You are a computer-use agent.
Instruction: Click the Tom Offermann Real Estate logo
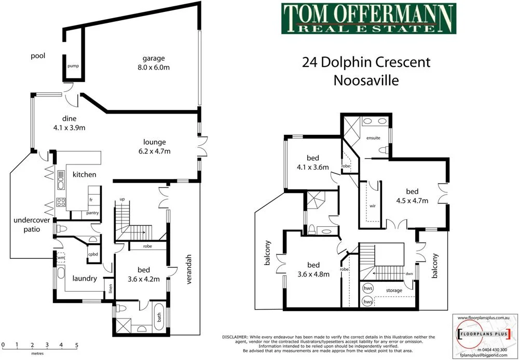point(368,19)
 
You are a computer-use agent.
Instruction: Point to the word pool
point(38,56)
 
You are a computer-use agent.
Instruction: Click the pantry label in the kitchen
point(92,213)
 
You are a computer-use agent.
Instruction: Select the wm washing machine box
point(61,257)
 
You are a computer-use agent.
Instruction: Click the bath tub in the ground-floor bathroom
point(159,315)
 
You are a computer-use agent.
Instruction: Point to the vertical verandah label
point(189,270)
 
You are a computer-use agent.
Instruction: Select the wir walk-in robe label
point(372,206)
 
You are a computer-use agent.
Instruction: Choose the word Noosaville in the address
point(366,80)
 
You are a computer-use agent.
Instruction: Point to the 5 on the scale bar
point(77,344)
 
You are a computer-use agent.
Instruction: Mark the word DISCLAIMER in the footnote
point(235,337)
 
